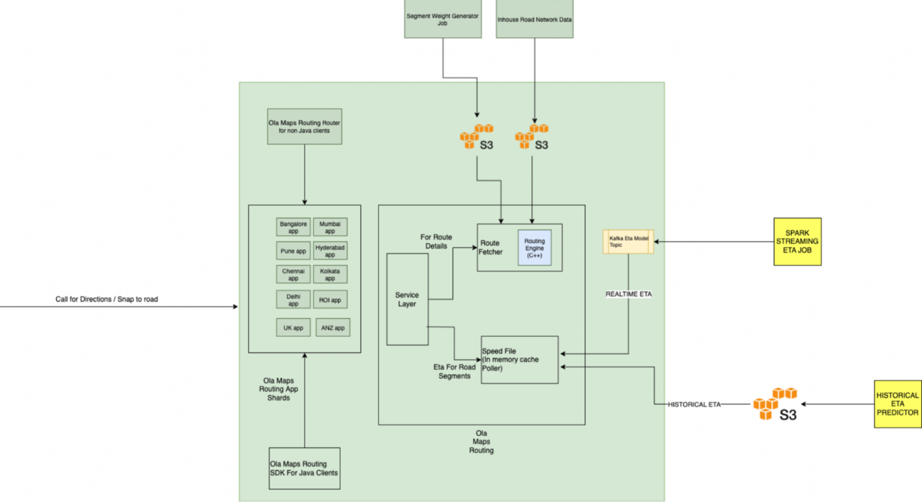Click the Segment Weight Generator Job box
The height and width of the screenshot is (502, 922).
point(442,19)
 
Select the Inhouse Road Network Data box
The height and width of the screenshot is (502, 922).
point(534,19)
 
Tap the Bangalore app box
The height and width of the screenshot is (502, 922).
point(293,227)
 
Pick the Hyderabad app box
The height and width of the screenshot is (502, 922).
point(330,250)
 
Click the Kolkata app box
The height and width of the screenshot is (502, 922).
point(330,274)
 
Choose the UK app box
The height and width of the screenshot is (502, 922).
point(293,328)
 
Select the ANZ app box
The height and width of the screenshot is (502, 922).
point(333,328)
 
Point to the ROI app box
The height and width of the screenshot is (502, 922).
point(330,300)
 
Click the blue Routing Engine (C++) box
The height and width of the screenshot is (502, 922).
point(534,248)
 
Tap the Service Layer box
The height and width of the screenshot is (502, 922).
point(407,299)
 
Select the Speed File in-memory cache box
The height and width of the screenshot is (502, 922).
point(519,360)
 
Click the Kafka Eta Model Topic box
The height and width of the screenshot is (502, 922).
point(628,241)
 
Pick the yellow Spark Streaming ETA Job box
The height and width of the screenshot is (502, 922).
point(797,241)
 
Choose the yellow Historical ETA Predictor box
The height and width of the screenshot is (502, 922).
point(897,404)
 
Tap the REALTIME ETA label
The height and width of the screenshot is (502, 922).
point(628,294)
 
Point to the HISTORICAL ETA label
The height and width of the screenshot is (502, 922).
point(694,405)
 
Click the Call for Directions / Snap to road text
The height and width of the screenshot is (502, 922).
point(107,299)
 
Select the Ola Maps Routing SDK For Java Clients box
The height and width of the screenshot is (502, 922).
point(304,468)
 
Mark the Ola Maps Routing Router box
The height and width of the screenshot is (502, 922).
point(304,126)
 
